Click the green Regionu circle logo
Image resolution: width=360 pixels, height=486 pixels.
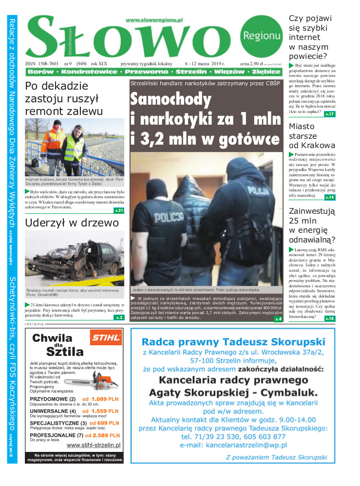click(262, 36)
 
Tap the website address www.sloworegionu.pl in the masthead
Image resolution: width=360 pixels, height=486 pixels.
click(154, 20)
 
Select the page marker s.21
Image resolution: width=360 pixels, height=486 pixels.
click(119, 210)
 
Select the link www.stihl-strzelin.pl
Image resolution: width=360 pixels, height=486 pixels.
click(93, 445)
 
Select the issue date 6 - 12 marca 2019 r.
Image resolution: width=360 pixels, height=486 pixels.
click(205, 63)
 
